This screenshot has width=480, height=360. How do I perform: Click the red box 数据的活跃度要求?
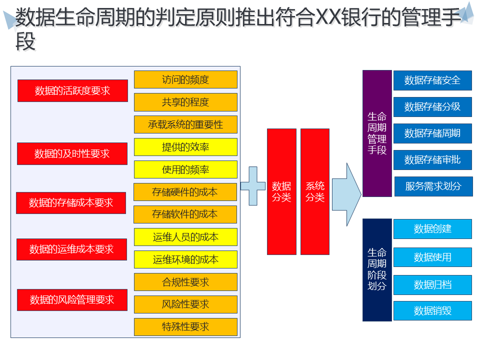tap(72, 90)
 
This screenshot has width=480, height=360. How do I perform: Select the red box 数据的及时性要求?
tap(72, 153)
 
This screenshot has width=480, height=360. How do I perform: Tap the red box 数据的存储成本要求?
tap(71, 202)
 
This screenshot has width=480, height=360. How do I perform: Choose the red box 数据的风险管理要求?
tap(72, 299)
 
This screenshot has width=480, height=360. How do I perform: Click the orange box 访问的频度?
tap(185, 79)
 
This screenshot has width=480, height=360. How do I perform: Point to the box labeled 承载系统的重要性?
tap(185, 124)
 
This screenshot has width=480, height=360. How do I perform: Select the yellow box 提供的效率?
tap(185, 147)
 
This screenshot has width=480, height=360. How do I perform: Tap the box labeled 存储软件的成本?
tap(185, 214)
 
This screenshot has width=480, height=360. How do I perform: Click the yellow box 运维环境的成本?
tap(185, 259)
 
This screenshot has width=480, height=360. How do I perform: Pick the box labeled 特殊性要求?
tap(185, 327)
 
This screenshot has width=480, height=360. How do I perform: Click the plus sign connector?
tap(253, 186)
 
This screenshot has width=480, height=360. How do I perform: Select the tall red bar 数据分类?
tap(281, 191)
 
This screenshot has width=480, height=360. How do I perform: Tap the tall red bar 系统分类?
tap(315, 191)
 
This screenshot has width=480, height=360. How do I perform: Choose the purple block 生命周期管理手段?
tap(377, 133)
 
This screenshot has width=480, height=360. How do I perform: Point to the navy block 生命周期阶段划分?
tap(377, 269)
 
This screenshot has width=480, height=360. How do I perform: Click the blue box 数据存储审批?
tap(432, 160)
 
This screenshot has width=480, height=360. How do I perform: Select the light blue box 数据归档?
tap(432, 285)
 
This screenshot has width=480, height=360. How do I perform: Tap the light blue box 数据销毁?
tap(432, 311)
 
